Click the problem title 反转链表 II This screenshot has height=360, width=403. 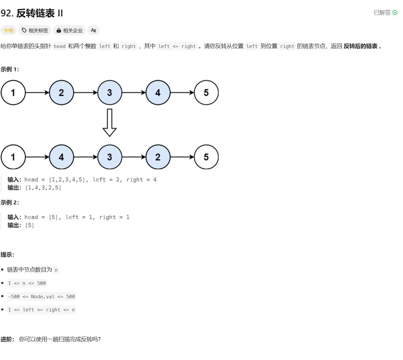(x=39, y=13)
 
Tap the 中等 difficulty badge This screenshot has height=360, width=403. (x=9, y=30)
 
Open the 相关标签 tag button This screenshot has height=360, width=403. (x=35, y=30)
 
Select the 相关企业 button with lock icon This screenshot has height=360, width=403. (x=69, y=30)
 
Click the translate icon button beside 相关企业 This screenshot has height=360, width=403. (x=93, y=30)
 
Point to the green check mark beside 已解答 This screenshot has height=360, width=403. (x=395, y=13)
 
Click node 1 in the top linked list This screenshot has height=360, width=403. (x=13, y=93)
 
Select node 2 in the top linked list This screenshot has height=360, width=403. (x=61, y=93)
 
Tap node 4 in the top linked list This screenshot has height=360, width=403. (x=158, y=93)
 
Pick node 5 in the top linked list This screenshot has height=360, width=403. (x=206, y=93)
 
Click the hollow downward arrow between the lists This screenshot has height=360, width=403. (x=109, y=122)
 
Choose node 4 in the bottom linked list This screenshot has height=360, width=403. (x=61, y=157)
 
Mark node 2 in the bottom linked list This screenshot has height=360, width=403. (x=158, y=157)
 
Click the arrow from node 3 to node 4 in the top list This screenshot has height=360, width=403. (x=134, y=93)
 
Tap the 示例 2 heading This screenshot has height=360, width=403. (x=10, y=203)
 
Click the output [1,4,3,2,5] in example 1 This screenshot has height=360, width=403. (x=43, y=188)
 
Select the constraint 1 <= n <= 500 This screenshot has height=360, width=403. (x=27, y=283)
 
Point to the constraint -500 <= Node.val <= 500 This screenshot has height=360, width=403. (x=41, y=297)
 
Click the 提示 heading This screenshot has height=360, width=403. (x=7, y=255)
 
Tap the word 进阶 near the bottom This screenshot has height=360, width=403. (x=7, y=339)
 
